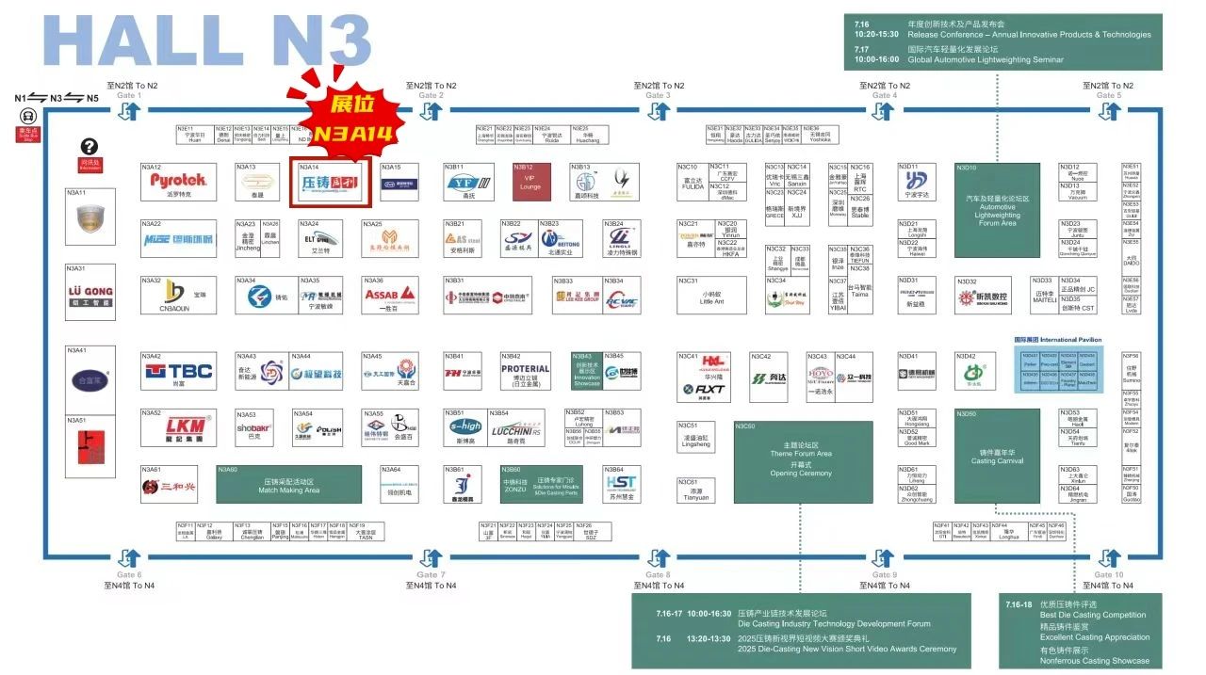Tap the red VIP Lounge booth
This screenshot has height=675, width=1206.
[531, 181]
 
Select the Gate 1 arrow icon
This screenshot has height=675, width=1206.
[129, 111]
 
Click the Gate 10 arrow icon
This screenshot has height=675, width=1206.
[1109, 557]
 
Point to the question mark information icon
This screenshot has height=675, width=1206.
[90, 146]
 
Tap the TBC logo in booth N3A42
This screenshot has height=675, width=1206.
[179, 371]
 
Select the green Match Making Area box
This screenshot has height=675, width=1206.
[288, 484]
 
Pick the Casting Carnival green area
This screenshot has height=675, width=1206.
[997, 455]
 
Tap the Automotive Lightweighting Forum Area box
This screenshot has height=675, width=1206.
[997, 210]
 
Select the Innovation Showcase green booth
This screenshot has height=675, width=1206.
[586, 372]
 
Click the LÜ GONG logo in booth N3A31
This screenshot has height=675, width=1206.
[90, 295]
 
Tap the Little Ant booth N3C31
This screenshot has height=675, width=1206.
[711, 296]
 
